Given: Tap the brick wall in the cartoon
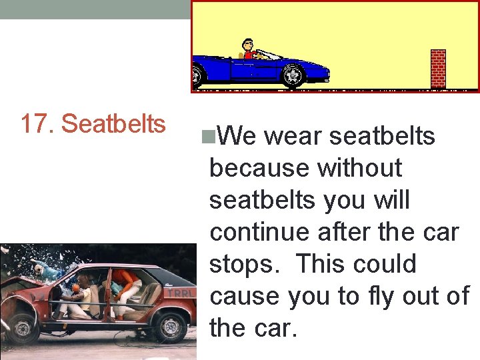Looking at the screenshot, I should (x=438, y=69).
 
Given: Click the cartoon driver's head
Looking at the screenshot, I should (x=248, y=45).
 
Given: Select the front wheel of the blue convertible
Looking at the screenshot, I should (x=292, y=76).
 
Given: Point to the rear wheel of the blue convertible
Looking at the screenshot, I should (x=196, y=77).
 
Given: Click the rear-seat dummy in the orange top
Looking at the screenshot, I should (x=126, y=280).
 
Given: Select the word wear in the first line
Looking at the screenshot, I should (x=293, y=137).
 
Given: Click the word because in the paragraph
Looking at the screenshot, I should (x=260, y=169).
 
